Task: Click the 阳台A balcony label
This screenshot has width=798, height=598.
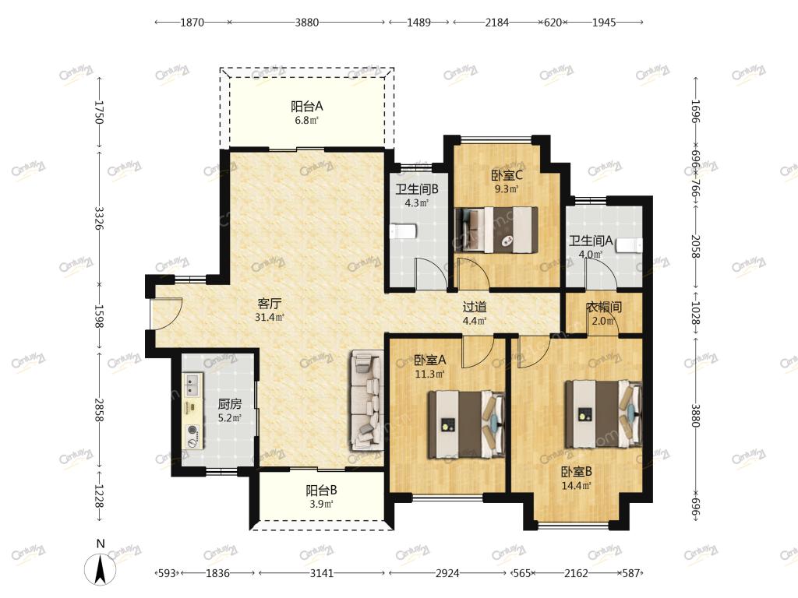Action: [x=307, y=106]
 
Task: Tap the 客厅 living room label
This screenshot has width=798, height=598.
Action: [x=269, y=304]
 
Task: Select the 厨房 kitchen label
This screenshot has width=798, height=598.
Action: [x=230, y=404]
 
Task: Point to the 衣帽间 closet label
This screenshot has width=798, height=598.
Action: [x=604, y=307]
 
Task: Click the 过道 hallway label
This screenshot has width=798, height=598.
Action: [x=475, y=307]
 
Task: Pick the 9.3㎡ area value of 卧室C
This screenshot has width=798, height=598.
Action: [x=507, y=189]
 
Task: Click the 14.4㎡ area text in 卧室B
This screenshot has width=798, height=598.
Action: [x=576, y=486]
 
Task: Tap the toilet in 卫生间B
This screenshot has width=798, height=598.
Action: [x=403, y=232]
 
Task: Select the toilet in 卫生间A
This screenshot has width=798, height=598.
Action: [x=630, y=245]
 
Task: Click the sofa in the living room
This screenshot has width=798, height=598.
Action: [x=366, y=400]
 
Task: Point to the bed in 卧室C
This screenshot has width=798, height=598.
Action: [x=496, y=230]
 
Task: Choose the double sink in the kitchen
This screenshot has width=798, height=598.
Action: [x=192, y=385]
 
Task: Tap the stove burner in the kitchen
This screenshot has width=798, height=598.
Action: [x=192, y=430]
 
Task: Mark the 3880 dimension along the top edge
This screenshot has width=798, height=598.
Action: [x=307, y=23]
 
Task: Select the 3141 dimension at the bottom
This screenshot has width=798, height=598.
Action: [x=322, y=573]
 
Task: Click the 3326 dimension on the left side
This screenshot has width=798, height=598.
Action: [x=100, y=218]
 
